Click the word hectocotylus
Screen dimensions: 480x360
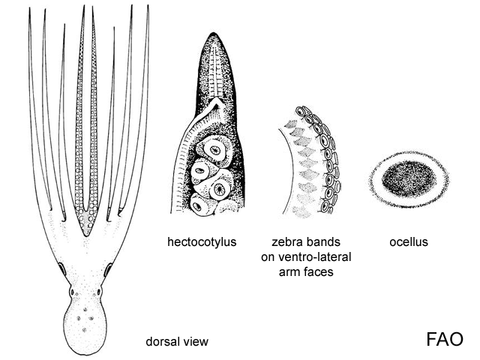[202, 241]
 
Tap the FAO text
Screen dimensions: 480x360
[445, 339]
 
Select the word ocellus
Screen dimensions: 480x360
[409, 241]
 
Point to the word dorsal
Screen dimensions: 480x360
[162, 341]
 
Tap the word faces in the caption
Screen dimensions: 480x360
[319, 271]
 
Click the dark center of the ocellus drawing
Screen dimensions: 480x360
[409, 178]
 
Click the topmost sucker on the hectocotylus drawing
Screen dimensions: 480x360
[214, 150]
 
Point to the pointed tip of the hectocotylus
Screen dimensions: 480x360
[214, 33]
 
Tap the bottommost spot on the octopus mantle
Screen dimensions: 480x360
[84, 330]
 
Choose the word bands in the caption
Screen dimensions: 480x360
[325, 241]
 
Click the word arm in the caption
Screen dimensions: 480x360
[290, 271]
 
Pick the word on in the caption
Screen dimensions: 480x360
[267, 257]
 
